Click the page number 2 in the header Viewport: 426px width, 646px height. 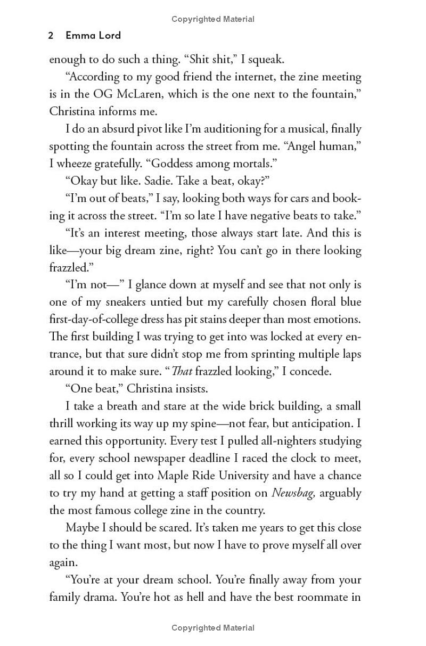tap(51, 36)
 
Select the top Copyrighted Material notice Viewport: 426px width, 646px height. tap(213, 19)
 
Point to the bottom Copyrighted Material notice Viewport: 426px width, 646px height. tap(213, 628)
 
